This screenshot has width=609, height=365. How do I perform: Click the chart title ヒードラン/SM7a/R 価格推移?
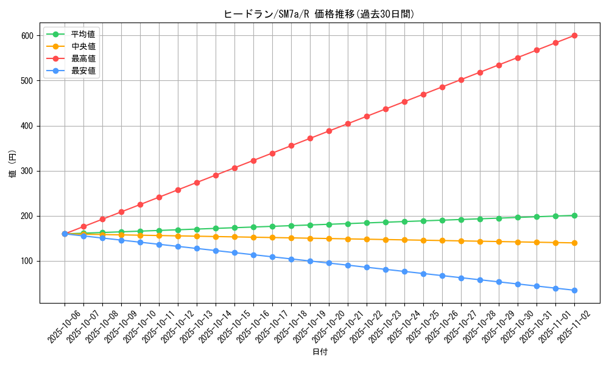pos(319,14)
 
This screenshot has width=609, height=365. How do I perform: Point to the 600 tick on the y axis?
pos(28,36)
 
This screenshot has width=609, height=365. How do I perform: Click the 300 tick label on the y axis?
pos(28,171)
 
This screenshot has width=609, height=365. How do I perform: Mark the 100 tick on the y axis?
pos(28,261)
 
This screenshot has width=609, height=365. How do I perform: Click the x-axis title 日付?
pos(319,352)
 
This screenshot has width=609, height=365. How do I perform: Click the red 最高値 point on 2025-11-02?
pos(574,35)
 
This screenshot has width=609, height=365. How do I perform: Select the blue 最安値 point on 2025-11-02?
pos(574,290)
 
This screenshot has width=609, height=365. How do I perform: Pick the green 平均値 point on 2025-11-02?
pos(574,215)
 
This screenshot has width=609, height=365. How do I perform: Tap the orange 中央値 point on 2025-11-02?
pos(574,243)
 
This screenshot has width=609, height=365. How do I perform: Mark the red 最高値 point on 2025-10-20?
pos(329,131)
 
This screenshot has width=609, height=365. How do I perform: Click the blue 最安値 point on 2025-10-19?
pos(310,261)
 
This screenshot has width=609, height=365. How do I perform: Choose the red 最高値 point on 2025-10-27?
pos(461,80)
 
